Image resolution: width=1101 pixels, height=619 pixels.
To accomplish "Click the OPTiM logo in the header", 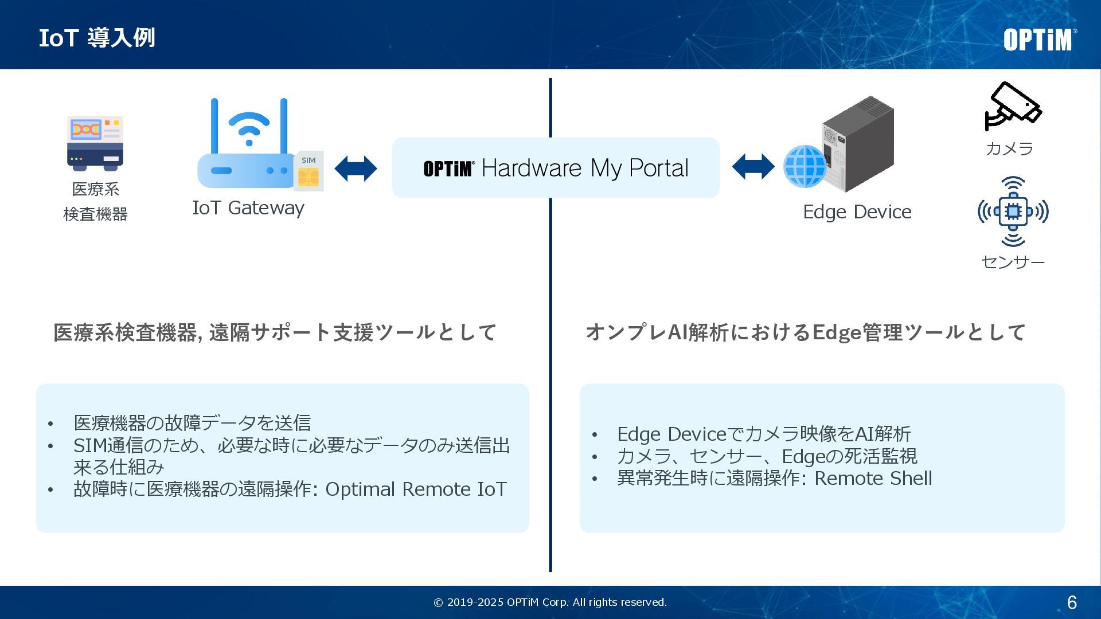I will tap(1039, 40).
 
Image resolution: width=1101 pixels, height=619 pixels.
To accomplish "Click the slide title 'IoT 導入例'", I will tap(97, 38).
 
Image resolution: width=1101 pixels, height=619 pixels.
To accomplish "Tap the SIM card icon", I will tap(309, 171).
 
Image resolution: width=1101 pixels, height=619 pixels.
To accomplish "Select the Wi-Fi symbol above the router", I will tap(249, 128).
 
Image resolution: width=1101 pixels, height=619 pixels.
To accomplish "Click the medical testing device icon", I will tap(95, 143).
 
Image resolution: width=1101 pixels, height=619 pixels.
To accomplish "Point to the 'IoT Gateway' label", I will tap(248, 207).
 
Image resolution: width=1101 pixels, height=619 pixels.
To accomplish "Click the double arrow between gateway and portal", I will tap(356, 169).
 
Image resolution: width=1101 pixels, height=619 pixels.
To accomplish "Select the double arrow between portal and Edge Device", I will tap(753, 166).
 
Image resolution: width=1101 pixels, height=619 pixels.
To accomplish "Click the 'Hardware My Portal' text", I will tap(585, 168).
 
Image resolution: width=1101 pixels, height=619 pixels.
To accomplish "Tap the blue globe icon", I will tap(805, 166).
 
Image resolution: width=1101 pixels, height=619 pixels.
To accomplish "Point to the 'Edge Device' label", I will tap(857, 212).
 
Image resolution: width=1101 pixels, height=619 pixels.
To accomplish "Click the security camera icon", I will tap(1012, 107).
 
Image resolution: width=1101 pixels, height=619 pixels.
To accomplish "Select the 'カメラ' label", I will tap(1009, 148).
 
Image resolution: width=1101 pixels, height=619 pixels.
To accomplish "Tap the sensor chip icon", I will tap(1013, 211).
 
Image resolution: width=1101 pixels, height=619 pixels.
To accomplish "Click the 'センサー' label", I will tap(1013, 262).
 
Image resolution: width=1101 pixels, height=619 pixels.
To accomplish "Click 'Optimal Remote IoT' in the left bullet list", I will tap(416, 489).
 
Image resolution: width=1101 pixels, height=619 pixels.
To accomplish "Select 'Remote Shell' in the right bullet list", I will tap(873, 478).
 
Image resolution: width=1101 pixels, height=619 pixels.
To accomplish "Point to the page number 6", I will tap(1072, 602).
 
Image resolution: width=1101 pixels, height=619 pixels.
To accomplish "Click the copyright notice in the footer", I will tap(550, 602).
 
